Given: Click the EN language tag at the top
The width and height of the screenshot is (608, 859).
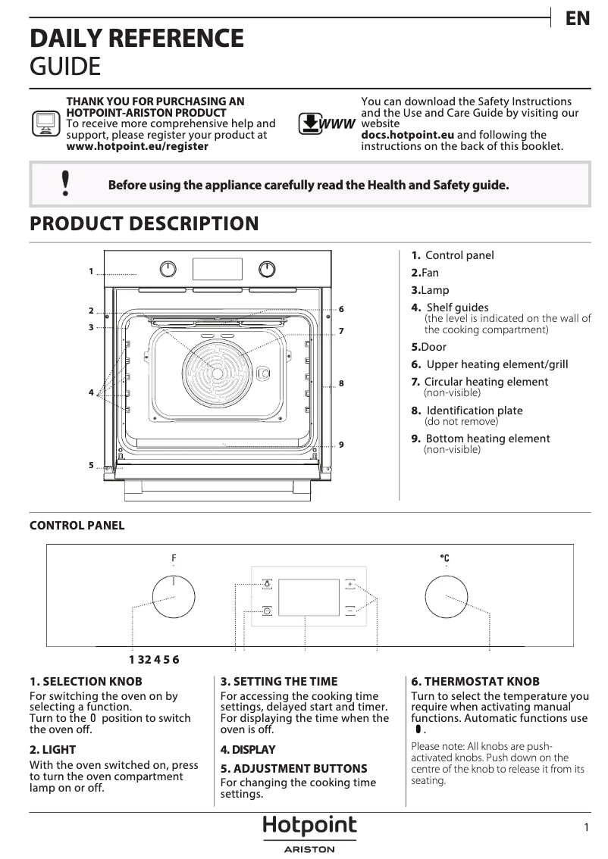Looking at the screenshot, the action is pyautogui.click(x=578, y=19).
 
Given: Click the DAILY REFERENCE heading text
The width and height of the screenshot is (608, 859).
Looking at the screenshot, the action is pyautogui.click(x=136, y=38).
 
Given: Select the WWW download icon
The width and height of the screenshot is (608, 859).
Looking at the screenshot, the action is pyautogui.click(x=326, y=123).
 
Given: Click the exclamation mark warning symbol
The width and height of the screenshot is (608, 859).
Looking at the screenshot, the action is pyautogui.click(x=67, y=183).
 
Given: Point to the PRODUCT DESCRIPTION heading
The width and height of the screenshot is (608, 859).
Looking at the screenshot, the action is pyautogui.click(x=143, y=224).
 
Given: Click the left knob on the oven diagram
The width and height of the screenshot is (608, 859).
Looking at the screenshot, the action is pyautogui.click(x=168, y=269).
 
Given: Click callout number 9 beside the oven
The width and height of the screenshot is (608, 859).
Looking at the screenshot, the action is pyautogui.click(x=342, y=444).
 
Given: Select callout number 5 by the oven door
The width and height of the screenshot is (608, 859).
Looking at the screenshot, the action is pyautogui.click(x=90, y=465).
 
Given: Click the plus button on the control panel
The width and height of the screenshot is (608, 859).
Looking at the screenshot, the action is pyautogui.click(x=350, y=584).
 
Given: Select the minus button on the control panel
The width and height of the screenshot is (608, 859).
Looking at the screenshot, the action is pyautogui.click(x=350, y=610).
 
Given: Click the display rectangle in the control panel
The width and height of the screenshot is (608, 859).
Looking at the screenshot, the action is pyautogui.click(x=308, y=597).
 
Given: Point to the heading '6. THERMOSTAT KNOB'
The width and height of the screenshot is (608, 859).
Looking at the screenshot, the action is pyautogui.click(x=465, y=682).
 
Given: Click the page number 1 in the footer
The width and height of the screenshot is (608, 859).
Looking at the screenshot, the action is pyautogui.click(x=586, y=828).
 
